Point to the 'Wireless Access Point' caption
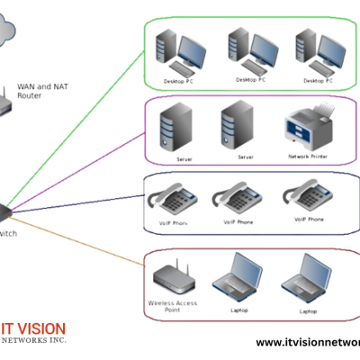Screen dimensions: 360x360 click(173, 308)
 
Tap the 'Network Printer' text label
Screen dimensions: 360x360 click(309, 157)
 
